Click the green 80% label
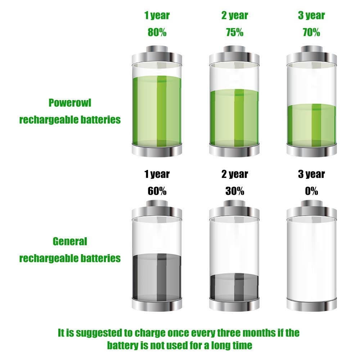point(157,32)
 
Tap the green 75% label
point(235,32)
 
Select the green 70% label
point(311,32)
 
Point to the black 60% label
point(157,191)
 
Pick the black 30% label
point(235,191)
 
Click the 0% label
point(311,191)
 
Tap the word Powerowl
point(70,103)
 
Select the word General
point(70,241)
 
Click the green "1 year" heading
point(157,15)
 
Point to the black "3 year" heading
point(311,175)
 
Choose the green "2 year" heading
point(235,15)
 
